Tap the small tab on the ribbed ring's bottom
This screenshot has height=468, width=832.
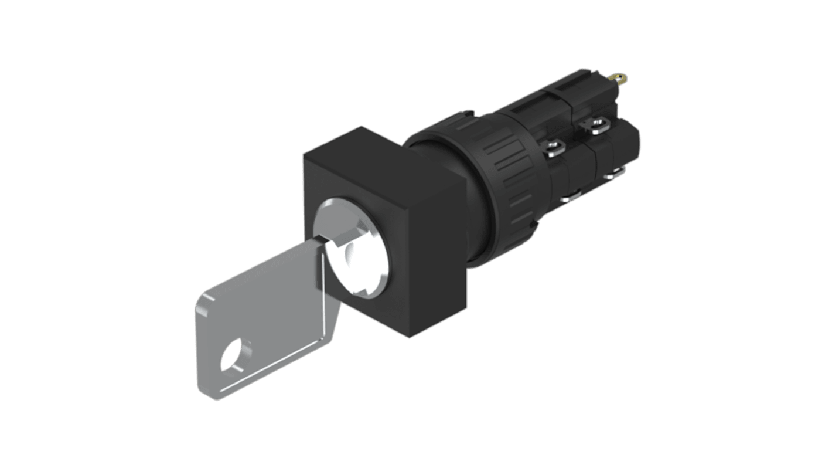click(531, 224)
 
